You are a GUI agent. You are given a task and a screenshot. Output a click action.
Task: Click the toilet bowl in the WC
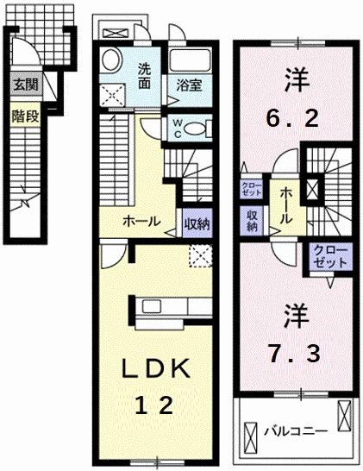[x=198, y=128]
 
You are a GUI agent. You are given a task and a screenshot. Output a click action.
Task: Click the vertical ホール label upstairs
[x=285, y=207]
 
